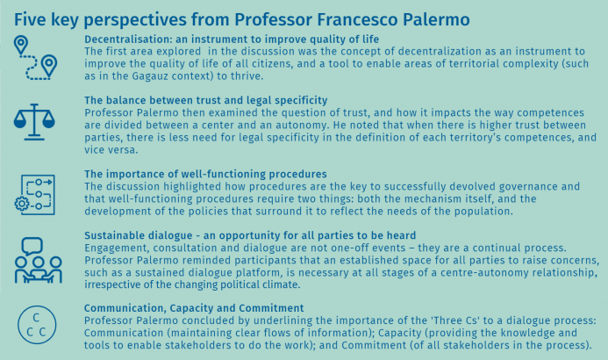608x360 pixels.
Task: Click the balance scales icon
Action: point(34,122)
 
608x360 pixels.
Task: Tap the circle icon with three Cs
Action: point(37,325)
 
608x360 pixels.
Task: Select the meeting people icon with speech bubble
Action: point(38,260)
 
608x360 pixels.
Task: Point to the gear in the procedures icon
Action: point(22,204)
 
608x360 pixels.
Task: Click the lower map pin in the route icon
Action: point(49,66)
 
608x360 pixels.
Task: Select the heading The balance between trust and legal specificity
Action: point(206,100)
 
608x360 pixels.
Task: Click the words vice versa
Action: point(111,150)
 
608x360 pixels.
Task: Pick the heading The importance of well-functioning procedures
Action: point(205,174)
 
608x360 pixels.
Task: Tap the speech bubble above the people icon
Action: point(32,247)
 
